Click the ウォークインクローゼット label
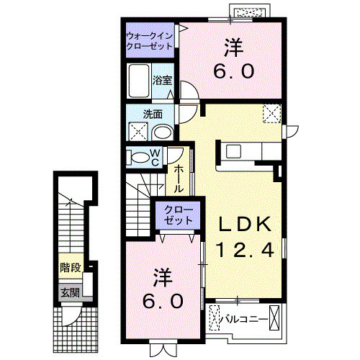149,40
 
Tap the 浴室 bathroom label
163,80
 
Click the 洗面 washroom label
152,114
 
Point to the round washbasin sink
163,132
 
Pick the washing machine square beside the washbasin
138,131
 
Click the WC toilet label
154,158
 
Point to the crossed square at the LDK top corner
272,113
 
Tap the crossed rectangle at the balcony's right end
275,318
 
